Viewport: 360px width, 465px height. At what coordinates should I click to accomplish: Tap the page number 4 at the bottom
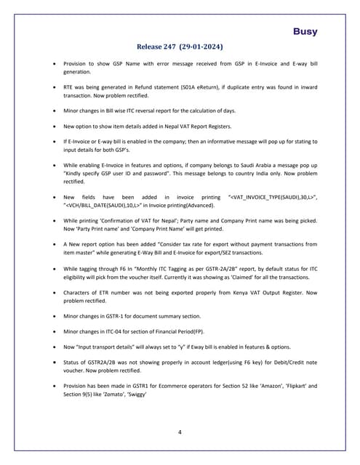point(180,432)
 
